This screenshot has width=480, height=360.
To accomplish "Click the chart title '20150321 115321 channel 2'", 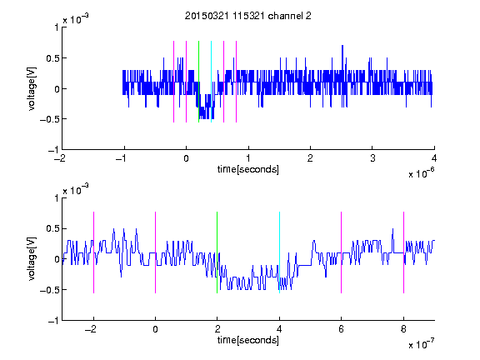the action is [x=248, y=16].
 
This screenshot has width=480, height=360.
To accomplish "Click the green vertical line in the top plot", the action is [x=198, y=82].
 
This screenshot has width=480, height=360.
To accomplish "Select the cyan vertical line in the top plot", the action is [x=211, y=82].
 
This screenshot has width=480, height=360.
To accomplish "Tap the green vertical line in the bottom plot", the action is [x=217, y=252].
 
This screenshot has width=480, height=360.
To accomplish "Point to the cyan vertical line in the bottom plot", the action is [x=279, y=252].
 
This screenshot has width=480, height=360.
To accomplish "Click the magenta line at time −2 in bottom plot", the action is [x=93, y=252].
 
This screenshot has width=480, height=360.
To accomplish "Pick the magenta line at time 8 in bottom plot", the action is [x=403, y=252].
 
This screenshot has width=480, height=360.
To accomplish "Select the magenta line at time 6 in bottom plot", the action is [x=342, y=252].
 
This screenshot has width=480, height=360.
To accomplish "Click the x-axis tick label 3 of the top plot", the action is [x=372, y=158].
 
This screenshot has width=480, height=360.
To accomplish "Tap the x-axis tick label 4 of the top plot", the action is [x=434, y=158].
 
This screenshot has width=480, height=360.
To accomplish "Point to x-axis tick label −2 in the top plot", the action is [x=60, y=158].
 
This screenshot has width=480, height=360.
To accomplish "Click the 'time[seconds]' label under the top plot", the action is [x=248, y=169].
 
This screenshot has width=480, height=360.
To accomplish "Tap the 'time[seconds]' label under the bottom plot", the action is [x=248, y=340].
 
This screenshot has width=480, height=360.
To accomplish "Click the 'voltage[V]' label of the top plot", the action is [x=32, y=88].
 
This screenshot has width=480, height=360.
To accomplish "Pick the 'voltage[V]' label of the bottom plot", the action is [x=32, y=258].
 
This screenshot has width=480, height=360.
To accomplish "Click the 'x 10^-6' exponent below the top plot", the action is [x=422, y=173].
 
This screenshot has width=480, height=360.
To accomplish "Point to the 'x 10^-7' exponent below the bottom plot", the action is [x=422, y=344].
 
